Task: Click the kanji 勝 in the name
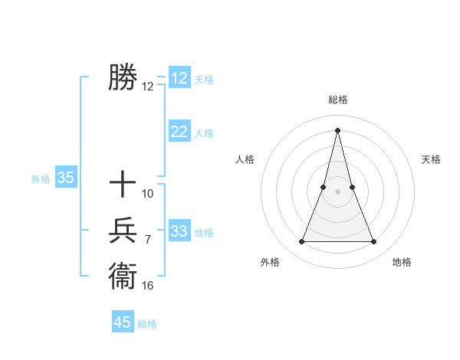pyautogui.click(x=123, y=77)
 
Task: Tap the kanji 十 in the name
pyautogui.click(x=123, y=185)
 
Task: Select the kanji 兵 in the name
pyautogui.click(x=123, y=231)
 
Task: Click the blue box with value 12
pyautogui.click(x=179, y=78)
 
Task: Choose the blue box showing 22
pyautogui.click(x=179, y=132)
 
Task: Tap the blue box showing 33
pyautogui.click(x=179, y=231)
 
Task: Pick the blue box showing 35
pyautogui.click(x=66, y=178)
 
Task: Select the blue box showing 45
pyautogui.click(x=123, y=322)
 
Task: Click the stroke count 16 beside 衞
pyautogui.click(x=148, y=286)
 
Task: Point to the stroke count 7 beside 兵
pyautogui.click(x=148, y=240)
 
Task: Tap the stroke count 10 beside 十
pyautogui.click(x=148, y=194)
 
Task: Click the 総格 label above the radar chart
pyautogui.click(x=337, y=100)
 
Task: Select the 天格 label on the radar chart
pyautogui.click(x=431, y=159)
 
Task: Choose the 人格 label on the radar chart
pyautogui.click(x=245, y=159)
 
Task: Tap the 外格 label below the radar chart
pyautogui.click(x=270, y=263)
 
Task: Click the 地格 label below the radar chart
pyautogui.click(x=402, y=263)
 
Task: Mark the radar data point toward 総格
pyautogui.click(x=337, y=129)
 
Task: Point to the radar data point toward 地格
pyautogui.click(x=374, y=242)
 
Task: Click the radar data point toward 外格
pyautogui.click(x=301, y=242)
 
